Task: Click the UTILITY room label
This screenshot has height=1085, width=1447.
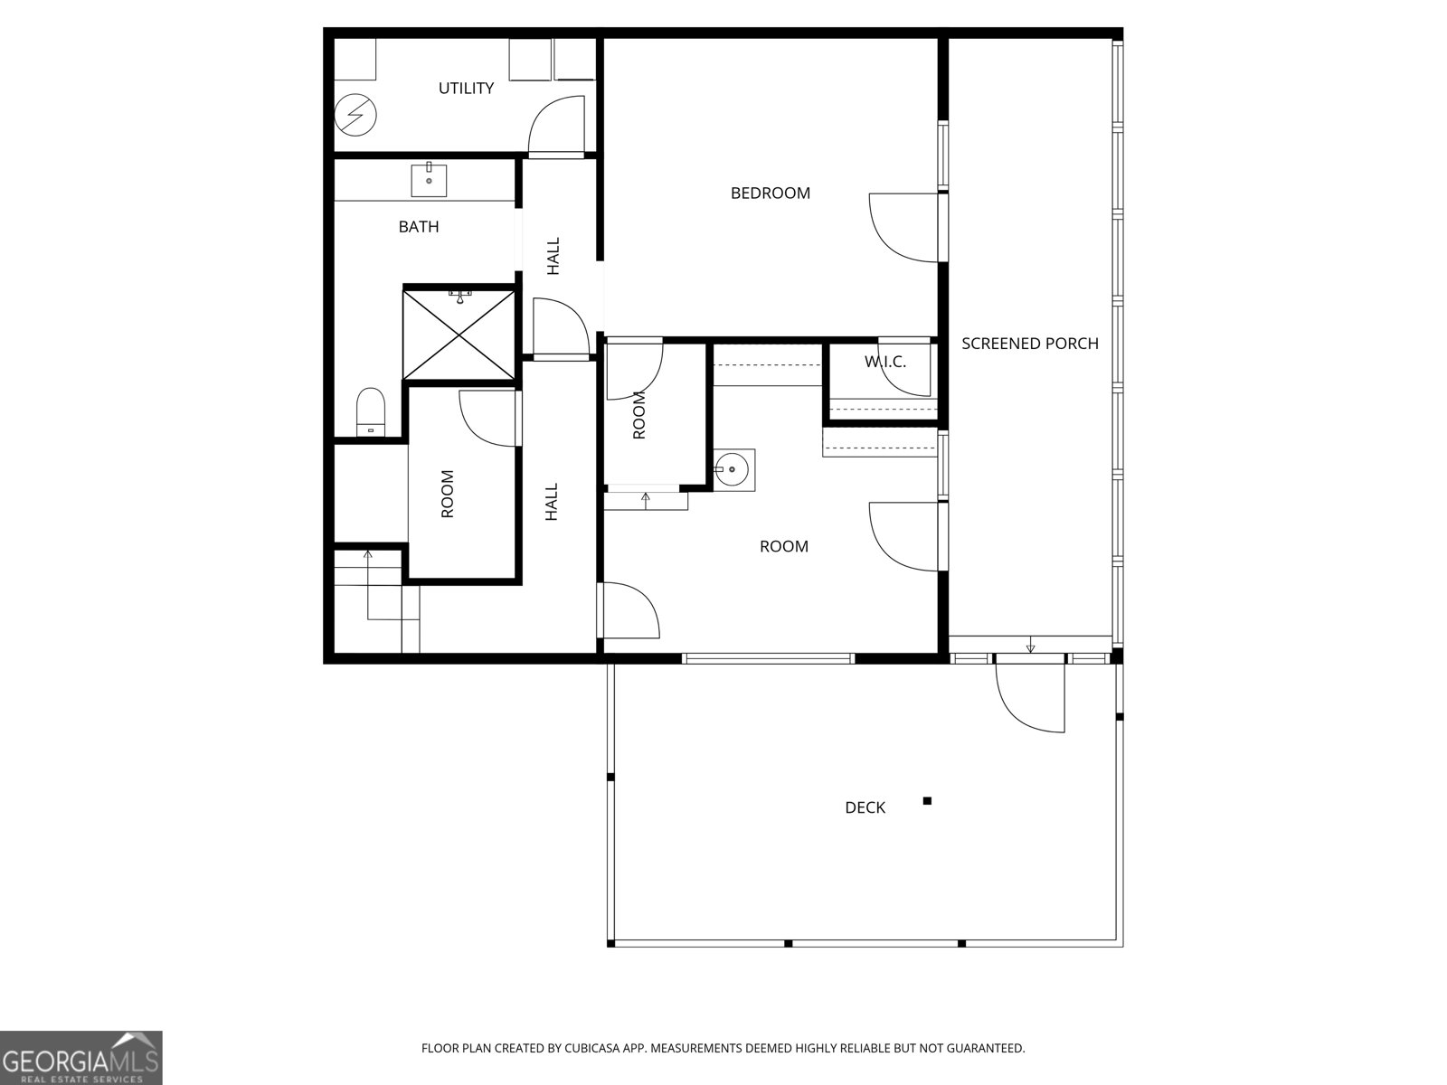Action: coord(466,88)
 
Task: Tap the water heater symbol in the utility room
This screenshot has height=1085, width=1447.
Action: coord(355,115)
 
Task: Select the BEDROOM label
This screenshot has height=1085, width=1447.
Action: coord(771,193)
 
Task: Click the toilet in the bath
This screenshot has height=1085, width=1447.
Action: coord(370,411)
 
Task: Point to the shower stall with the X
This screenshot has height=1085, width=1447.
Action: coord(460,333)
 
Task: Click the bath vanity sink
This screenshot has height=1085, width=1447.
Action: coord(430,180)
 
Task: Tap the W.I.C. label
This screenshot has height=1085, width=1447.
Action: coord(884,362)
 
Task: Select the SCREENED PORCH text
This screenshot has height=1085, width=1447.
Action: coord(1029,343)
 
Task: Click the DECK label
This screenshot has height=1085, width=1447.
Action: coord(865,807)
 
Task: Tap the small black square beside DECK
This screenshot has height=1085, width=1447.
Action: coord(927,800)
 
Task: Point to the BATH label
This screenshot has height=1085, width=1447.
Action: coord(419,226)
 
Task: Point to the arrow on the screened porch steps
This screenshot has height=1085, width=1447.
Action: coord(1030,645)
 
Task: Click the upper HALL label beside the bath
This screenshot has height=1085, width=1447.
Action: coord(553,256)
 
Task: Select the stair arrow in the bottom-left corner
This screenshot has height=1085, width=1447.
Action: coord(368,583)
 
